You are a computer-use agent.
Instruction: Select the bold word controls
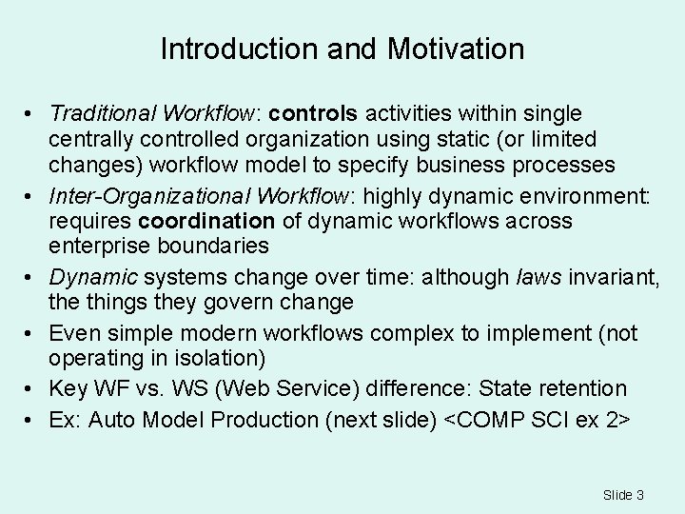pos(313,114)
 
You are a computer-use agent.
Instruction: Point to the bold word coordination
pos(205,222)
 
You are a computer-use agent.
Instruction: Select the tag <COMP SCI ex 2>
pos(537,420)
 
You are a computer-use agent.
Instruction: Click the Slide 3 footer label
pos(623,495)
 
